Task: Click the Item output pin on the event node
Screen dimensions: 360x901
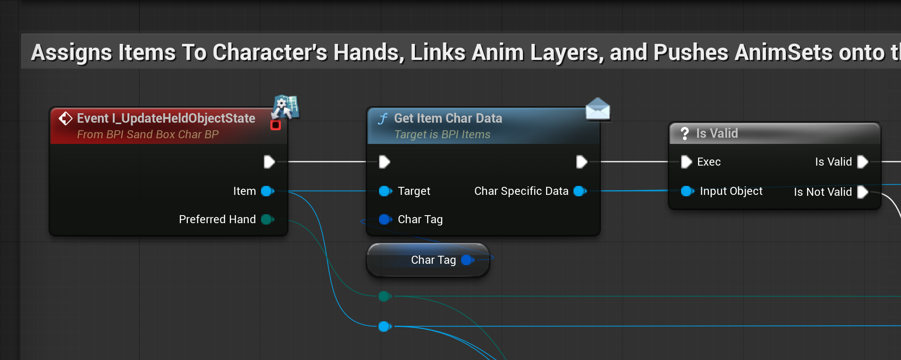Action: [x=268, y=191]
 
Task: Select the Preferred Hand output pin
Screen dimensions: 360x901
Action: [x=267, y=219]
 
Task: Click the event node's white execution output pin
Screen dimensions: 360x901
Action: [x=269, y=162]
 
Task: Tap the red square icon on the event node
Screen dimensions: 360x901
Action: [x=276, y=125]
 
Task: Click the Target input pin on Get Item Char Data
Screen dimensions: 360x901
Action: [x=385, y=191]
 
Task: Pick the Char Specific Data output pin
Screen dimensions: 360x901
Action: [x=580, y=191]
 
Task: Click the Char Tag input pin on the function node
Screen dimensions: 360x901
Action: [x=385, y=219]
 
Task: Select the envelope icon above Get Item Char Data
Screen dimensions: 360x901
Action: [x=598, y=109]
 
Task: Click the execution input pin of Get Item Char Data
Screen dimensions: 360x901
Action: [x=385, y=162]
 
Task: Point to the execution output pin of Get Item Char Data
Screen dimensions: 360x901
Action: [x=581, y=162]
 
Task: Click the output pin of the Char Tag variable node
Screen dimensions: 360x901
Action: [x=467, y=260]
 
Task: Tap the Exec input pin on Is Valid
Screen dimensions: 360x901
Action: [x=686, y=162]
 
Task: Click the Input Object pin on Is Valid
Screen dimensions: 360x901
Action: [x=687, y=191]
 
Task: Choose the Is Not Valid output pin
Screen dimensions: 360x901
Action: [x=862, y=192]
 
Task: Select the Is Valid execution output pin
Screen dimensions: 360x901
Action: [x=862, y=162]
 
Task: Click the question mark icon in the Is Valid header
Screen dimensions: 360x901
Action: [x=685, y=134]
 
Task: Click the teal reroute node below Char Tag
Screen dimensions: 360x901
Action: [x=384, y=296]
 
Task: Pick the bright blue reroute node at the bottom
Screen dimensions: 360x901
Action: [x=384, y=326]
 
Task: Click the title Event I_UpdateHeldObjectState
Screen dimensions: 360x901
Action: [x=166, y=118]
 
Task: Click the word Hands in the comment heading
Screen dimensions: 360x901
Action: [x=368, y=52]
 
